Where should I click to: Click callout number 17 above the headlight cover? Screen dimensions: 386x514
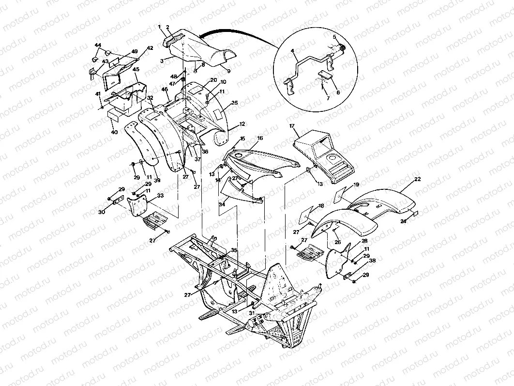click(x=292, y=126)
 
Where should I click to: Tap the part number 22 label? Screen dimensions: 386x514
click(x=417, y=179)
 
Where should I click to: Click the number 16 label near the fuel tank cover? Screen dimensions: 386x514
click(x=260, y=138)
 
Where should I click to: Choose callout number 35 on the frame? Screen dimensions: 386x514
click(x=234, y=250)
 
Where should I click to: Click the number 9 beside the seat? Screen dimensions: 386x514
click(x=228, y=70)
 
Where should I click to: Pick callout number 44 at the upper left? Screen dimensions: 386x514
click(x=98, y=45)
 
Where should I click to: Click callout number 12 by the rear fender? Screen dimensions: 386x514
click(x=242, y=124)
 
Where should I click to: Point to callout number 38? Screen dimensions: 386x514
click(x=372, y=261)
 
